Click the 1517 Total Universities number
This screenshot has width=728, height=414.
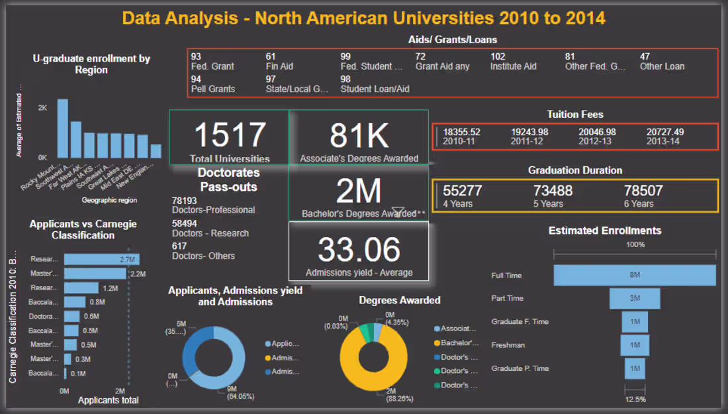(230, 135)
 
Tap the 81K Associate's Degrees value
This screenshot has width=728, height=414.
(359, 135)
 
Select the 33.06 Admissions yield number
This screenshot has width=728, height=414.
(359, 250)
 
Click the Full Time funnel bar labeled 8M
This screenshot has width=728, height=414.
(634, 275)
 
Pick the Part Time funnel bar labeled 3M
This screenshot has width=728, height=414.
(634, 298)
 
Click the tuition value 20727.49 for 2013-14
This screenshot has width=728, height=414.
(665, 132)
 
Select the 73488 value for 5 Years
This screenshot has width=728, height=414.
(553, 191)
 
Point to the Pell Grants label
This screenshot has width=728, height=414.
(213, 89)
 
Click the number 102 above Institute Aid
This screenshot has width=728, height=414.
(498, 57)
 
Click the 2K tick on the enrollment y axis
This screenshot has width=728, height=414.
(42, 107)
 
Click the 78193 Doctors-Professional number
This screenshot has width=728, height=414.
(184, 200)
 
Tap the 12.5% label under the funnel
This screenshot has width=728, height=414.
(635, 399)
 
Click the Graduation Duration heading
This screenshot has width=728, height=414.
(574, 170)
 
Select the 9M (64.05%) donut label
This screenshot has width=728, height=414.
(236, 392)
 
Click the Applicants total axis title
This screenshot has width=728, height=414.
(109, 400)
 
